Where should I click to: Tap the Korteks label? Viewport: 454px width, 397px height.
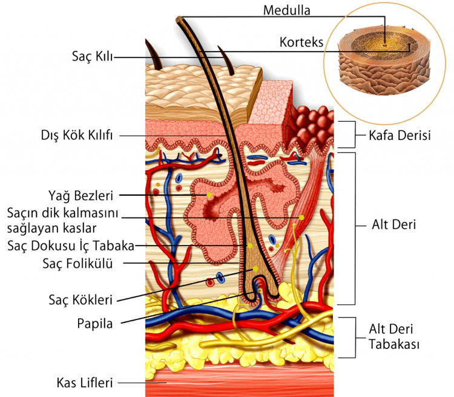301,42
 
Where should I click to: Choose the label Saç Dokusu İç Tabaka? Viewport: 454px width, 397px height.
71,245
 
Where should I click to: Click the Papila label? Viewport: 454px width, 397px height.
95,322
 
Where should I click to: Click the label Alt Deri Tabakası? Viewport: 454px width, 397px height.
395,336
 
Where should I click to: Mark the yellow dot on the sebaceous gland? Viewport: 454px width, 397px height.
209,195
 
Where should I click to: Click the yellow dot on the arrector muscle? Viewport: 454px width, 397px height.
301,217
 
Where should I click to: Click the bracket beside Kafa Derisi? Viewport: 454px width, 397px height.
346,135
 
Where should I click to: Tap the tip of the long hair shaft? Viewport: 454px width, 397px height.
180,20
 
